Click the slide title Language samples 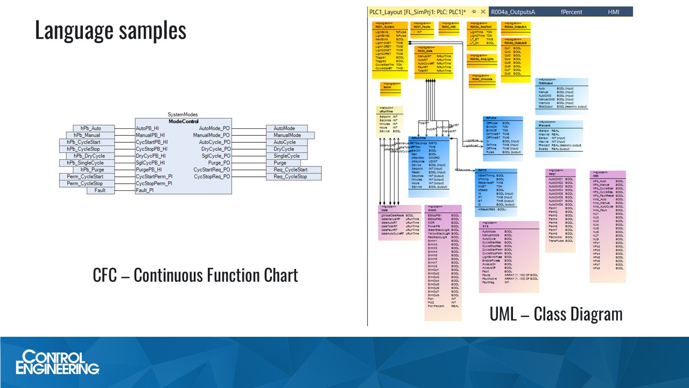coord(110,31)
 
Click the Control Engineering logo coord(58,362)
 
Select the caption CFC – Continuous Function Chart coord(195,275)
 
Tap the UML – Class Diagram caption coord(556,314)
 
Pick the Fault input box coord(101,190)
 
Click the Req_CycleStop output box coord(290,177)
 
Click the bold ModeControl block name coord(184,121)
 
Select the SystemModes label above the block coord(182,114)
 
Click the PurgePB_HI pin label coord(149,170)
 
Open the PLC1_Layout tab coord(417,11)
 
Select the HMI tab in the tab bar coord(614,11)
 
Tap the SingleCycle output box coord(287,156)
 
